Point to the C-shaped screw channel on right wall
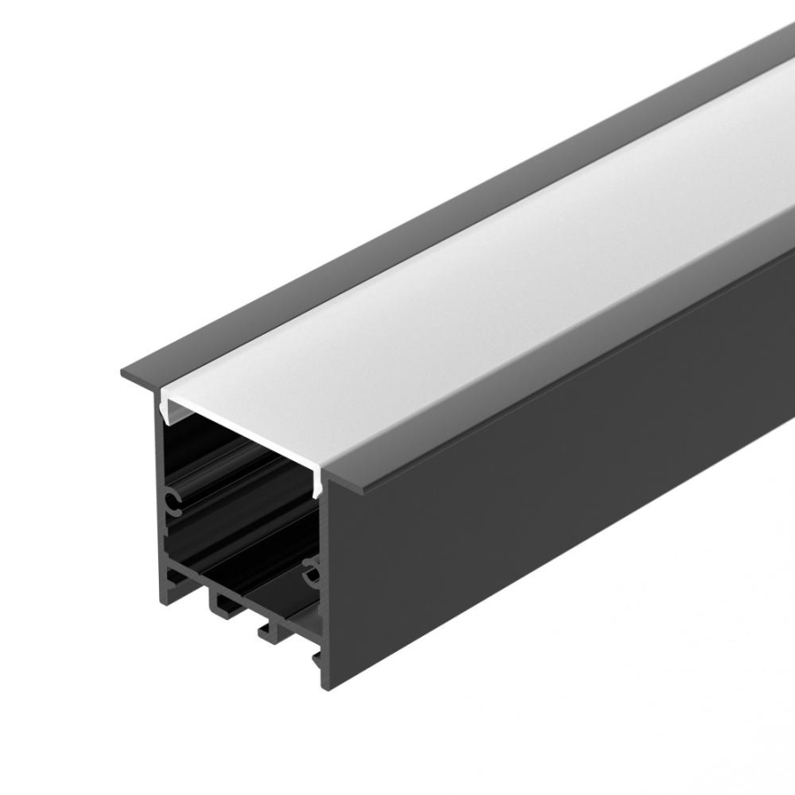(310, 574)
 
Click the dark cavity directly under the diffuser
(238, 459)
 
